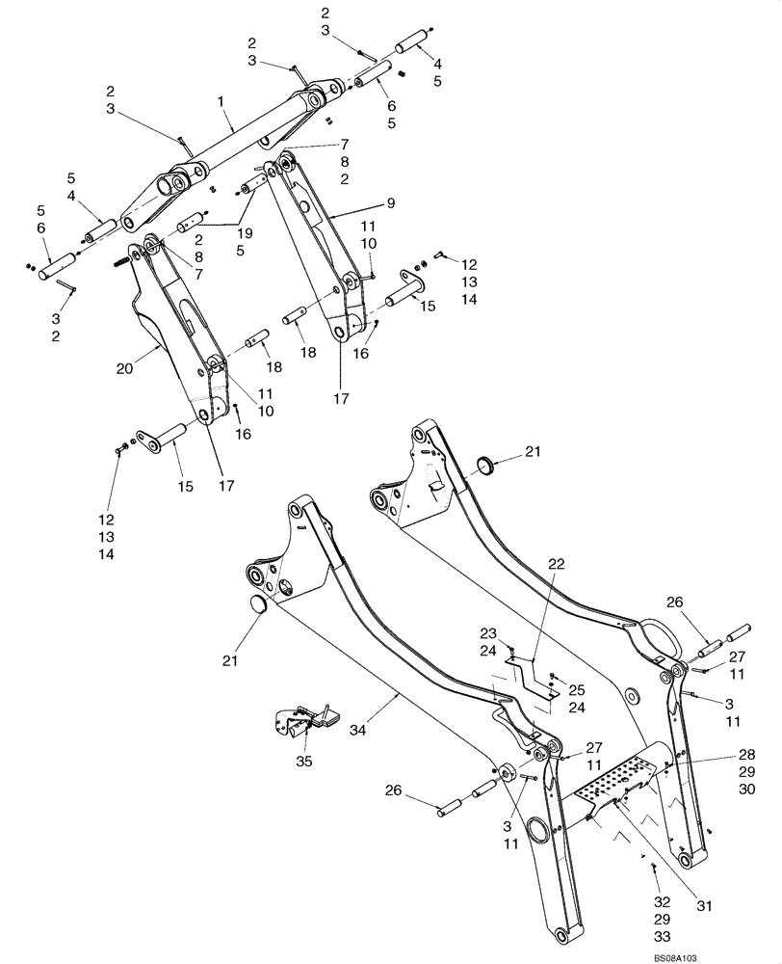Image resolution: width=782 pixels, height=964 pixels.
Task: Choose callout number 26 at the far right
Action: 673,603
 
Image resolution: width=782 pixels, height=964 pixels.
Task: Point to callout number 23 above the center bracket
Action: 487,632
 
